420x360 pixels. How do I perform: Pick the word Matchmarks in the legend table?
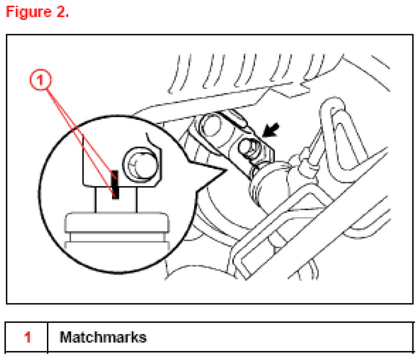tap(103, 337)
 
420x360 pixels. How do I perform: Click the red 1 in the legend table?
tap(28, 337)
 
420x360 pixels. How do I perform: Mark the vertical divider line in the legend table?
tap(47, 337)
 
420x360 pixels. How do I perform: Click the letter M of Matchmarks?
tap(65, 337)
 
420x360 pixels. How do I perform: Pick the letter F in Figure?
tap(10, 12)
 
